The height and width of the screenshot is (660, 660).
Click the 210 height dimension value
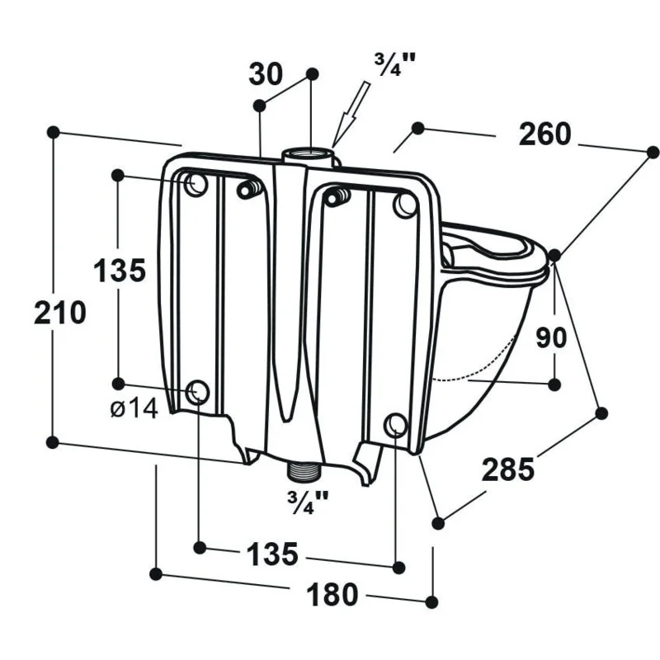(60, 313)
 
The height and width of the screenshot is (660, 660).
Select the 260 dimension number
(544, 134)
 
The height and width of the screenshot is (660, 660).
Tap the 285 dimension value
(507, 469)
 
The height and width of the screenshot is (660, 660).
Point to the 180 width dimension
(332, 594)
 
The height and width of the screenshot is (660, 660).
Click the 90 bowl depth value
(551, 337)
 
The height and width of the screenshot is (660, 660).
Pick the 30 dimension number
(266, 74)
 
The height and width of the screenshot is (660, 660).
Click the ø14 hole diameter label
(134, 408)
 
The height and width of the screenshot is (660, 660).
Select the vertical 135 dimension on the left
(119, 270)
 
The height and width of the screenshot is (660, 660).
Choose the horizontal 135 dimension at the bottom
(272, 554)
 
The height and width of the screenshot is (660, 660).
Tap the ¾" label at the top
(394, 64)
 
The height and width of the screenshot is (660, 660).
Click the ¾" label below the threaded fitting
(307, 502)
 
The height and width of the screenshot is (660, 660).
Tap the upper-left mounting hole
(196, 183)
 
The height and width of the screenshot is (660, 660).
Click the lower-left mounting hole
(198, 391)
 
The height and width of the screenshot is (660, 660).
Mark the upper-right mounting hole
(404, 204)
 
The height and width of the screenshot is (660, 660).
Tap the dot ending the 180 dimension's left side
(156, 573)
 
